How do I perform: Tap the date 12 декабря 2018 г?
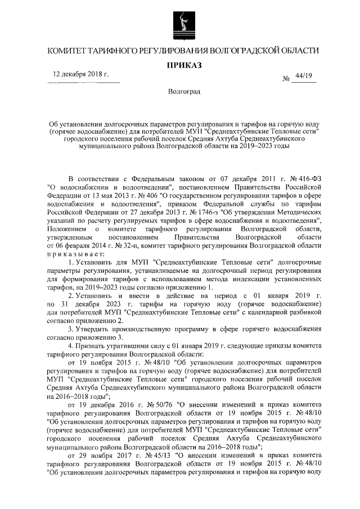tap(80, 74)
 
